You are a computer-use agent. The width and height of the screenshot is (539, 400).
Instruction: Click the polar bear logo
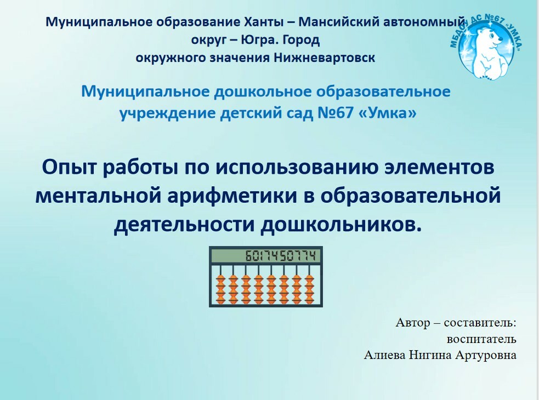(487, 46)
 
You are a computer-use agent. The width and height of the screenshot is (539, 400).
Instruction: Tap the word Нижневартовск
(324, 58)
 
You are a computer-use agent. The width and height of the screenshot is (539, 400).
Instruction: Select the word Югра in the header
(258, 40)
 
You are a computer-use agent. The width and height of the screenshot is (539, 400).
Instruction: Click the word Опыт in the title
(69, 168)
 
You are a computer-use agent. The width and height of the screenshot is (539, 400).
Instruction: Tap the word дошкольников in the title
(341, 225)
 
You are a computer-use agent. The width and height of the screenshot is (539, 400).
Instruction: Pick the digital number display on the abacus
(265, 256)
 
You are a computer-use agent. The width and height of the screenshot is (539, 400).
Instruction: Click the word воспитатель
(481, 339)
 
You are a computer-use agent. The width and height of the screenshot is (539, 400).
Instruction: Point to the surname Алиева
(384, 355)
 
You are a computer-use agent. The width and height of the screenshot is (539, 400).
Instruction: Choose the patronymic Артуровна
(486, 355)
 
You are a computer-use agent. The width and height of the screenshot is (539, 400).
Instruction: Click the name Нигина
(430, 355)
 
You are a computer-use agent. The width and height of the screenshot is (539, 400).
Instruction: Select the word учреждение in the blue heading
(167, 113)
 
